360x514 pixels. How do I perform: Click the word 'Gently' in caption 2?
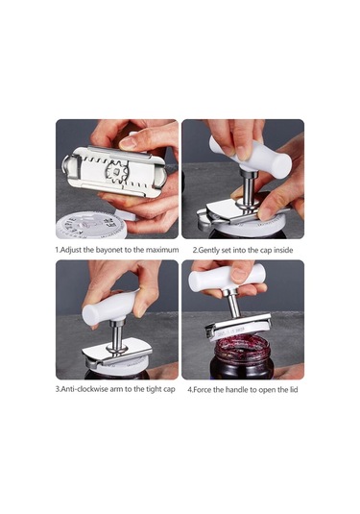coord(211,250)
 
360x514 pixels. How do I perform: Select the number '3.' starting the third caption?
coord(58,390)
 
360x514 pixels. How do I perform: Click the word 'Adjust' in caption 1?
coord(74,250)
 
